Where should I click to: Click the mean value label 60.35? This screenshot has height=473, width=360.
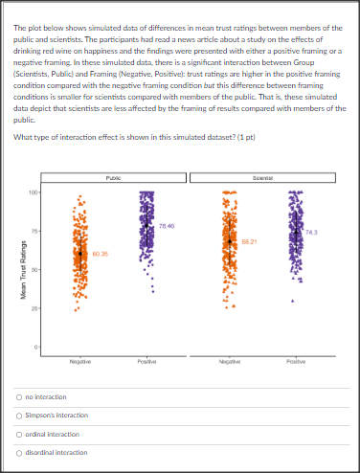tap(101, 253)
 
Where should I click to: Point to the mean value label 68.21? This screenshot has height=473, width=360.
tap(249, 240)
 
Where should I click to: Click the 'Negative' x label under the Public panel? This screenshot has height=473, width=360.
tap(80, 361)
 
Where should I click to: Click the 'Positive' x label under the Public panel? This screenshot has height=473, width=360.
tap(146, 361)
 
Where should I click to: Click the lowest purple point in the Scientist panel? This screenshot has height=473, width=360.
tap(292, 302)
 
